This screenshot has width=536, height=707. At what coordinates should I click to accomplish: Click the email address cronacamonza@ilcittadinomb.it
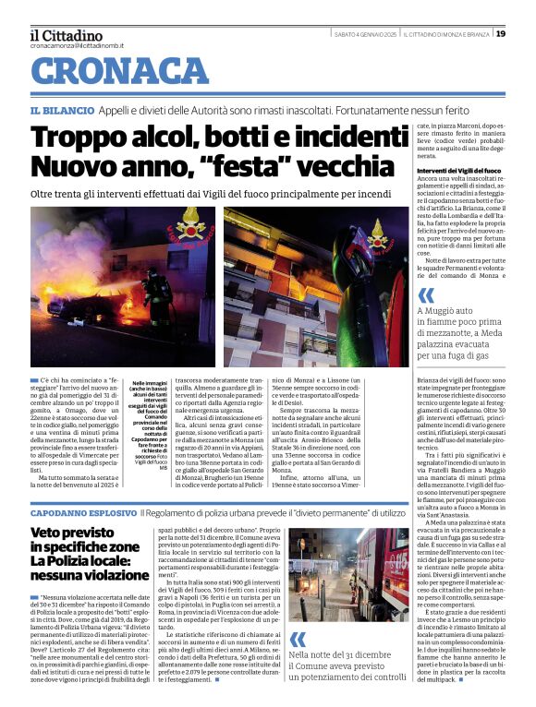coord(76,44)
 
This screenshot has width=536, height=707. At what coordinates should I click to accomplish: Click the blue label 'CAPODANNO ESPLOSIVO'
coord(84,511)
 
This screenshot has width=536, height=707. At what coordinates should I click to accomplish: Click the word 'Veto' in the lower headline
coord(47,533)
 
